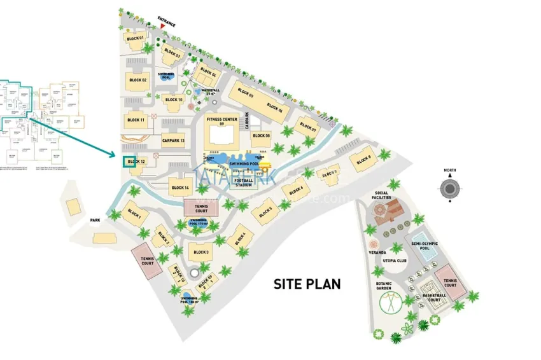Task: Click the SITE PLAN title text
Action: [307, 284]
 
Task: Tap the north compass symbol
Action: [451, 189]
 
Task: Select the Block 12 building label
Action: [136, 162]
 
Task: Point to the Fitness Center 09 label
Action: [221, 121]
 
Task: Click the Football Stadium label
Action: [244, 182]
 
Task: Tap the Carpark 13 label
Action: [173, 141]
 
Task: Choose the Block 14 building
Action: [180, 188]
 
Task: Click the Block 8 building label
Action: [364, 160]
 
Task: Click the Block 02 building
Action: [136, 80]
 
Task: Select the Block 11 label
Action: [136, 120]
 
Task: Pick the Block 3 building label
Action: [201, 253]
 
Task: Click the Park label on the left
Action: [95, 220]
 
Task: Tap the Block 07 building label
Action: [309, 127]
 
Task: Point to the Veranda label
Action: [378, 253]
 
